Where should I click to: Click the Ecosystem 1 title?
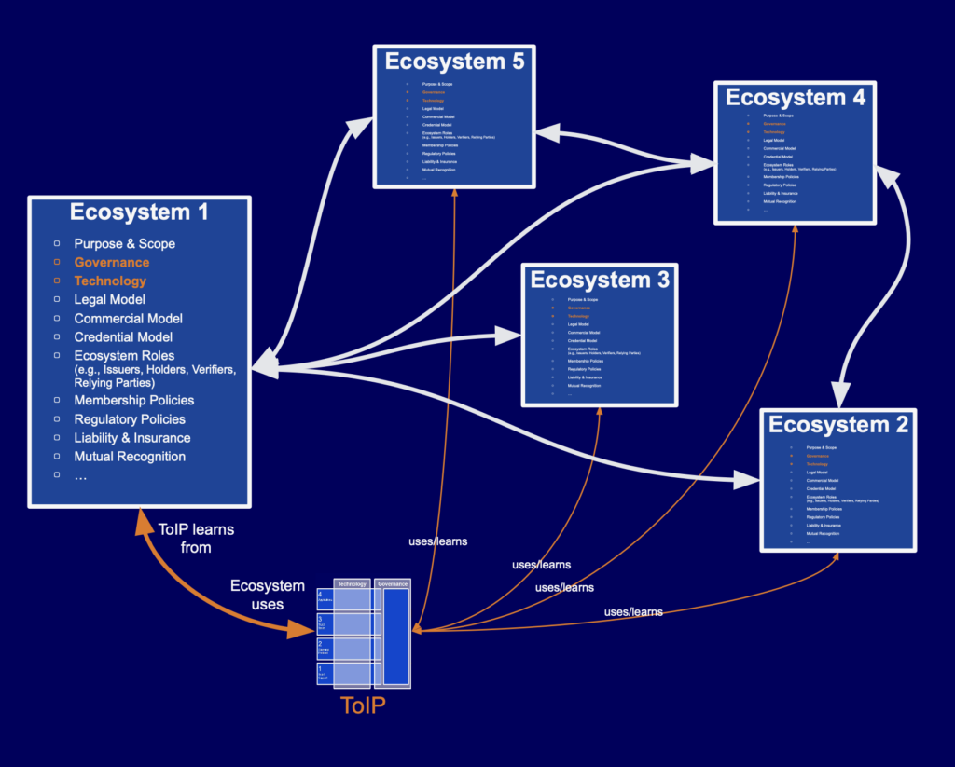[139, 212]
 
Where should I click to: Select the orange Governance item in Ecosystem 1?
[112, 263]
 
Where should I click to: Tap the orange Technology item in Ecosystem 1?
[110, 281]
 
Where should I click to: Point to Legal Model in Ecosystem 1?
[110, 300]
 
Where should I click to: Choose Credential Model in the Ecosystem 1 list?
[123, 337]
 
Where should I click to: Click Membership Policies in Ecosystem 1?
[134, 401]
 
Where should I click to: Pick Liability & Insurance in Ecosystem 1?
[132, 438]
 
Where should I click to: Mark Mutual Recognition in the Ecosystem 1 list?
[130, 457]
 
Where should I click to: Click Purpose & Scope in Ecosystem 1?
[125, 244]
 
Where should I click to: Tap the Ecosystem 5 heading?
[454, 62]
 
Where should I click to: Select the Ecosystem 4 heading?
[796, 98]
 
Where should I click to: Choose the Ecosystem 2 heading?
[838, 425]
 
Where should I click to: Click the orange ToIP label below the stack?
[364, 705]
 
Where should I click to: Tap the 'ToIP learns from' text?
[196, 539]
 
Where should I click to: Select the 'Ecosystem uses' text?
[268, 595]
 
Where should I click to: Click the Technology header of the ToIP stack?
[352, 583]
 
